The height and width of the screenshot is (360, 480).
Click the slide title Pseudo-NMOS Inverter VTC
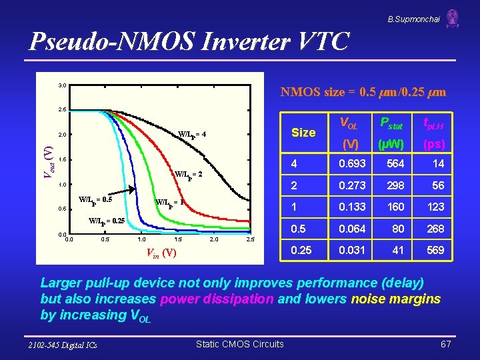point(189,41)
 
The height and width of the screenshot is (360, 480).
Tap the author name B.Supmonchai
point(413,19)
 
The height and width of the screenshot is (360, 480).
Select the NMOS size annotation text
point(363,91)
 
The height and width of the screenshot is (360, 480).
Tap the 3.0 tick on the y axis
point(61,85)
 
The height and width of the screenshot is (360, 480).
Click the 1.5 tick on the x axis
point(177,239)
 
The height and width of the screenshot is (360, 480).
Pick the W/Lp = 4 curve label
point(192,135)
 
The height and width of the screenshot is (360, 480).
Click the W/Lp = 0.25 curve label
point(107,221)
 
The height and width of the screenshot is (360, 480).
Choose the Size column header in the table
point(303,132)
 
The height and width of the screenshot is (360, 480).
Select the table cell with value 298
point(396,185)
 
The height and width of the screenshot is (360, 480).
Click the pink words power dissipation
point(215,299)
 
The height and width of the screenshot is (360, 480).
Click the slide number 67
point(446,344)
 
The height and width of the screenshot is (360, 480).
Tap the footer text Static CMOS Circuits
point(239,344)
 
